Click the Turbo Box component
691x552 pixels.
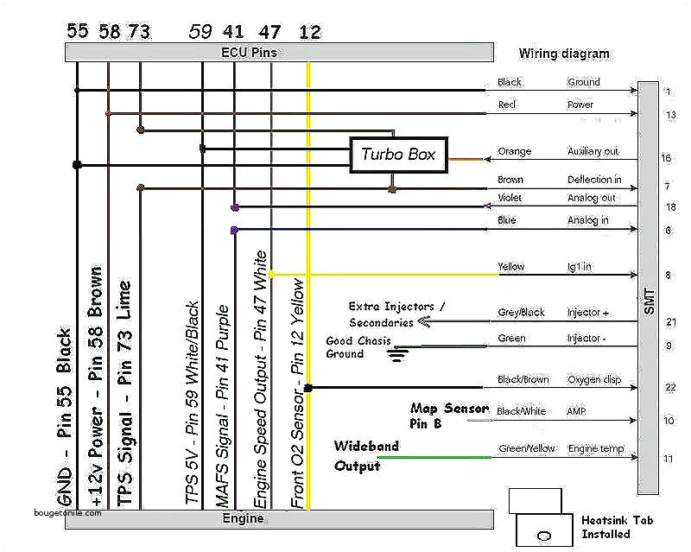pyautogui.click(x=398, y=155)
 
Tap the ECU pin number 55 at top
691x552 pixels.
pyautogui.click(x=78, y=32)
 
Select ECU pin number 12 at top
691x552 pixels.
pyautogui.click(x=309, y=32)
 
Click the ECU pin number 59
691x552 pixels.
pyautogui.click(x=200, y=32)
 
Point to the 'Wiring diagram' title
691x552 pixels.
pyautogui.click(x=563, y=54)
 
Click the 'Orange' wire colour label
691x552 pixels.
pyautogui.click(x=514, y=152)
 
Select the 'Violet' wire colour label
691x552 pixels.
pyautogui.click(x=510, y=198)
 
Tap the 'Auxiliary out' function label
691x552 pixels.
pyautogui.click(x=593, y=152)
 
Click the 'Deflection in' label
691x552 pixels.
pyautogui.click(x=594, y=181)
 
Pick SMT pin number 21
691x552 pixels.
pyautogui.click(x=670, y=322)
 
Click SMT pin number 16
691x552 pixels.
pyautogui.click(x=667, y=158)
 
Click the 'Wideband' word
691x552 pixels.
pyautogui.click(x=366, y=447)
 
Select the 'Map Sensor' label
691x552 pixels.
pyautogui.click(x=449, y=409)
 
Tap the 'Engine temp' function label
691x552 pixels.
pyautogui.click(x=596, y=449)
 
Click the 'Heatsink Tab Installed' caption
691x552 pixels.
pyautogui.click(x=612, y=528)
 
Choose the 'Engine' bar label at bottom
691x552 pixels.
pyautogui.click(x=244, y=518)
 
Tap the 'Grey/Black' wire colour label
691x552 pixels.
pyautogui.click(x=521, y=313)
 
